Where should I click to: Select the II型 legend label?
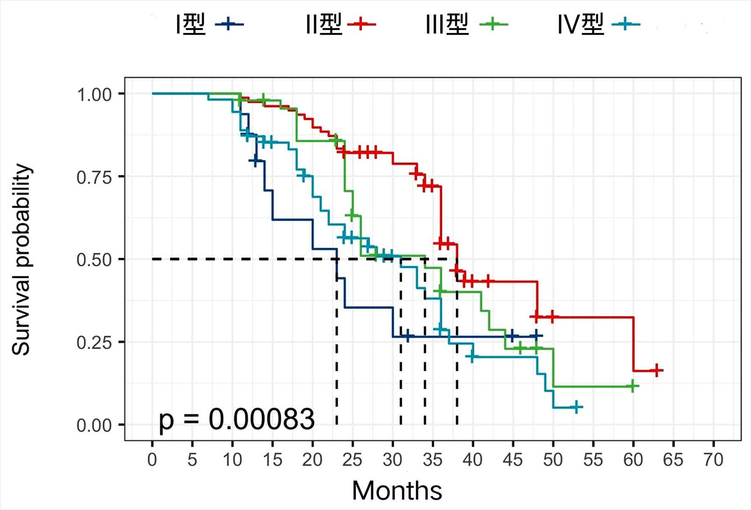tap(340, 24)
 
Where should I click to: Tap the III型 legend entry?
tap(466, 24)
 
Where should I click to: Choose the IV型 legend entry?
tap(598, 24)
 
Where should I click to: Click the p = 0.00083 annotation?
tap(236, 419)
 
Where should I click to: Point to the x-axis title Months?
tap(397, 491)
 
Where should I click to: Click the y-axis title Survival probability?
tap(22, 259)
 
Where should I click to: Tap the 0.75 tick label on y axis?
tap(94, 177)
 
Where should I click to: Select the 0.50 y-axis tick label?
tap(94, 260)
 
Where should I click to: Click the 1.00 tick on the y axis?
tap(94, 95)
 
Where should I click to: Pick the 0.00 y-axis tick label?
tap(94, 425)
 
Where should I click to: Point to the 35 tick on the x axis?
tap(432, 460)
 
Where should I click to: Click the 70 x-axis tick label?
tap(713, 460)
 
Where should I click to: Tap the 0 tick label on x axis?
tap(152, 460)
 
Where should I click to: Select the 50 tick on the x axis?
tap(553, 460)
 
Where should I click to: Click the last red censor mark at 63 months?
tap(656, 371)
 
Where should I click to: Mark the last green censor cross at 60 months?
tap(632, 386)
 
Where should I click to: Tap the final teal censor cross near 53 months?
tap(576, 407)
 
